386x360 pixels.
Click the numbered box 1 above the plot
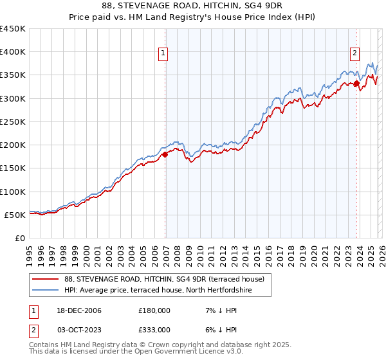[x=163, y=54]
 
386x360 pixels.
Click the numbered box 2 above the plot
[x=354, y=54]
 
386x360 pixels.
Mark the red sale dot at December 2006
[x=165, y=154]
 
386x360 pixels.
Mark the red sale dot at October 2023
[x=356, y=83]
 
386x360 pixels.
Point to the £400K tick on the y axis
[x=13, y=52]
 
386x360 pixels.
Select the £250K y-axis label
[x=13, y=122]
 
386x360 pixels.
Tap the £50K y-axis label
[x=15, y=215]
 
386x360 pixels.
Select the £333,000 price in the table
[x=154, y=330]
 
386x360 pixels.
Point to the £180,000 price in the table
[x=154, y=310]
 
